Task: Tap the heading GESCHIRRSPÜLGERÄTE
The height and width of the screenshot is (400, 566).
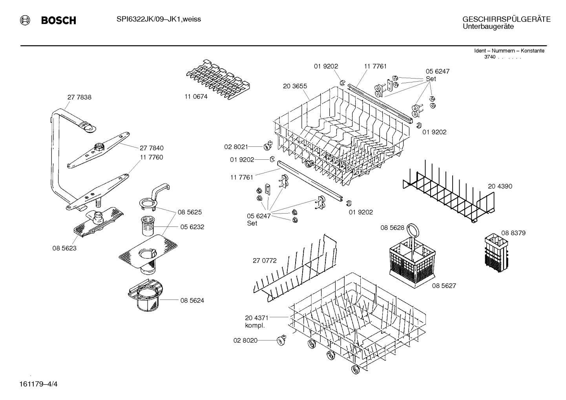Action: [x=506, y=19]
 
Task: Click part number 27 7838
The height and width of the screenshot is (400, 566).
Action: [x=79, y=97]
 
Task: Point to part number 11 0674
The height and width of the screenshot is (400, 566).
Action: [x=196, y=97]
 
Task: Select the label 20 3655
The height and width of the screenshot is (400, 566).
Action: [x=295, y=86]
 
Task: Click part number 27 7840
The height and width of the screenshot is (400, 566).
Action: [x=152, y=148]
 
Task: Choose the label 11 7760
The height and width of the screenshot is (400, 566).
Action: [x=151, y=157]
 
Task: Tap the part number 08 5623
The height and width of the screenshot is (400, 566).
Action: [x=64, y=248]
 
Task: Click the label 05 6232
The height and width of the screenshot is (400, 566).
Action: [x=192, y=227]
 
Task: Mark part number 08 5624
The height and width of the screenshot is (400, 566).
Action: [x=192, y=301]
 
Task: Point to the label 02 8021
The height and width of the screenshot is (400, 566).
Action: [x=236, y=147]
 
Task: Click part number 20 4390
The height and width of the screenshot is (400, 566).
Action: [x=500, y=186]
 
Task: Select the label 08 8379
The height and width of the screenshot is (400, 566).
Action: [x=513, y=233]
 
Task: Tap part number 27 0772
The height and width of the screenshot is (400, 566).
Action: [x=265, y=260]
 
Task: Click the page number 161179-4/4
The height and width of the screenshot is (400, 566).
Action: [x=38, y=384]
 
